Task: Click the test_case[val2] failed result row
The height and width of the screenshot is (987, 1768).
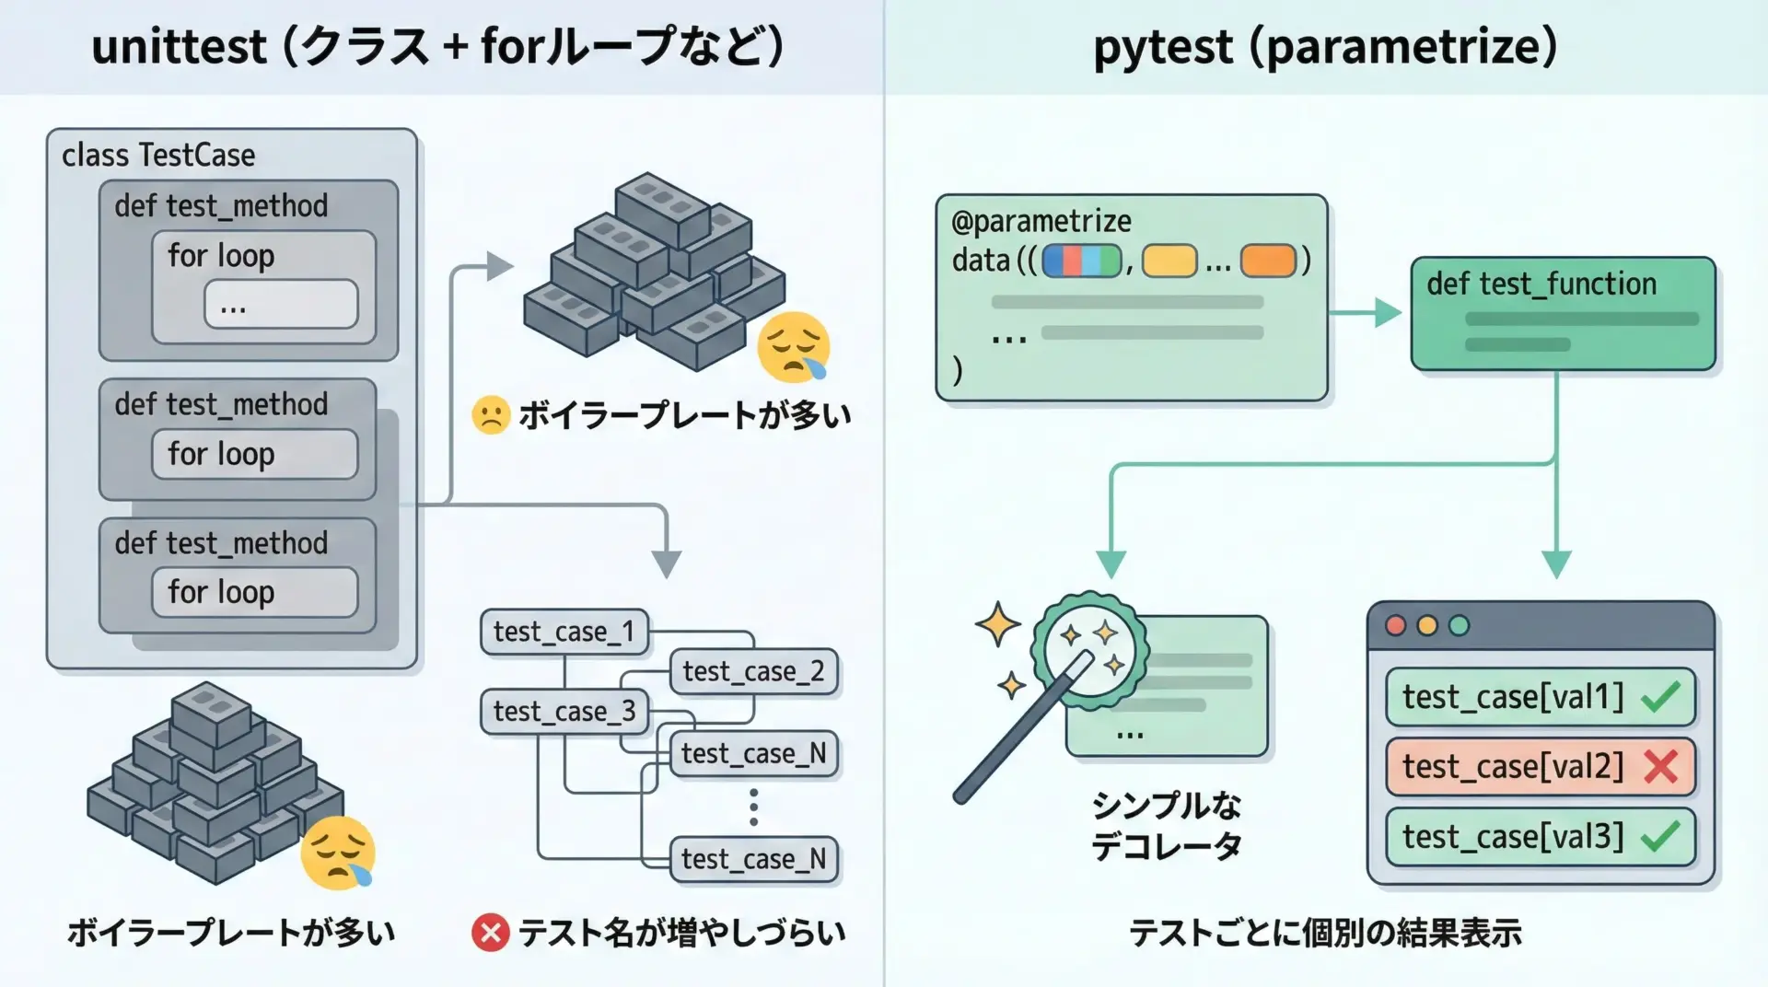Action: [x=1540, y=766]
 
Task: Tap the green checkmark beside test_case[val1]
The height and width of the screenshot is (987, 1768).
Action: [x=1660, y=697]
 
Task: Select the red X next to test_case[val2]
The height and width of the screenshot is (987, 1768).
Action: [x=1661, y=766]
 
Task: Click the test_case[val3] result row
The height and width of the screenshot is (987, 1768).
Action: [x=1540, y=836]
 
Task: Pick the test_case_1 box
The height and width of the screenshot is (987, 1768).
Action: [x=564, y=632]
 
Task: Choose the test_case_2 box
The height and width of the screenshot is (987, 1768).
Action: [x=753, y=671]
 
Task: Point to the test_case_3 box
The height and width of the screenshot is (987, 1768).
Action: [x=564, y=712]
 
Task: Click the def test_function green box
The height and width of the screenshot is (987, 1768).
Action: [x=1563, y=313]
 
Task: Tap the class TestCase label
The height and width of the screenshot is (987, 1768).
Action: [x=158, y=156]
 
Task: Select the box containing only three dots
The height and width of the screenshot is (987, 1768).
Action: [x=281, y=305]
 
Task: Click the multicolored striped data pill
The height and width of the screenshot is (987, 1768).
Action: [x=1082, y=261]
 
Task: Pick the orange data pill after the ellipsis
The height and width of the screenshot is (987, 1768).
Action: [x=1268, y=261]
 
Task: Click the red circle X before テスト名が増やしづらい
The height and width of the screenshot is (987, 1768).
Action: [x=490, y=933]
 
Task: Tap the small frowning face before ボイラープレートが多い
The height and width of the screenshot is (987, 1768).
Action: [x=491, y=415]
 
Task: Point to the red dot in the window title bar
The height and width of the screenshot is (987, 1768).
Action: [x=1396, y=626]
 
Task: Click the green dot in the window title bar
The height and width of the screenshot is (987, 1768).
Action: [x=1459, y=626]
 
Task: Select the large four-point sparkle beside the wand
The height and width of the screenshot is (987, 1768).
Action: [x=997, y=625]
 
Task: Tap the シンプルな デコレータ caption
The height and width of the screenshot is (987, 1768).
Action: [x=1166, y=826]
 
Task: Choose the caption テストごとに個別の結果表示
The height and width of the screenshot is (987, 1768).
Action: [x=1325, y=934]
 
